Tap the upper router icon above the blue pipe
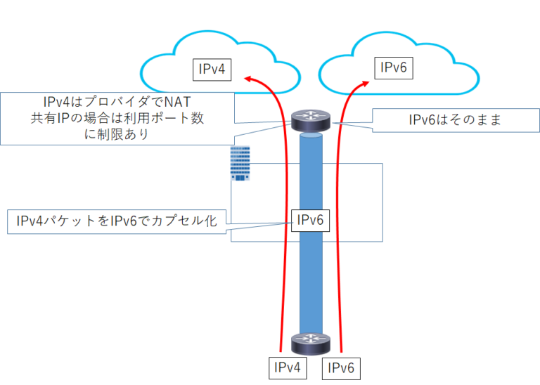(x=310, y=121)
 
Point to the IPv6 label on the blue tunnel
(x=310, y=220)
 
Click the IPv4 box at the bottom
(x=288, y=367)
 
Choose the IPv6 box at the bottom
(x=342, y=367)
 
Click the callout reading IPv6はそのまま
(x=446, y=120)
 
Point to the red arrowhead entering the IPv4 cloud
(x=247, y=79)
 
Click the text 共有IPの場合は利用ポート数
(x=113, y=118)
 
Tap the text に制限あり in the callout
(x=115, y=133)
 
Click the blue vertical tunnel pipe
(x=310, y=281)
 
